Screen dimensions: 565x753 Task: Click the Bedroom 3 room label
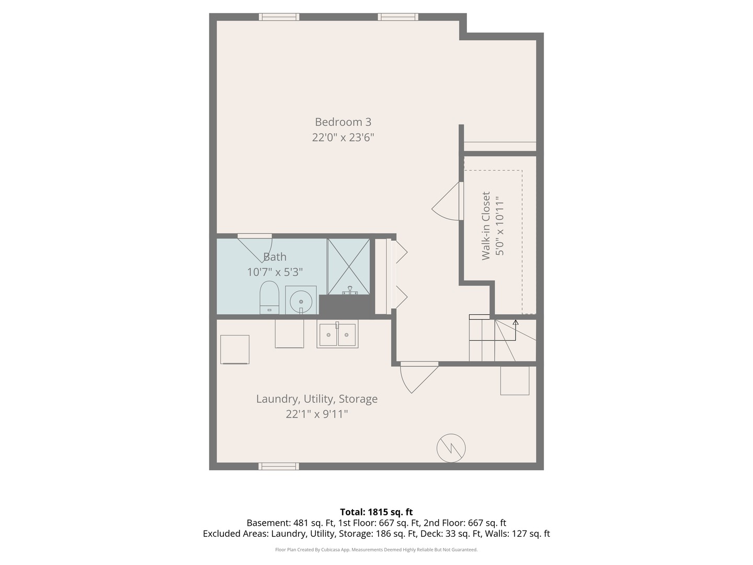[343, 122]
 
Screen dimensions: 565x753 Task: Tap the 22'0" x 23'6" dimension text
[343, 138]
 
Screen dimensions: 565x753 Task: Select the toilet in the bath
[269, 297]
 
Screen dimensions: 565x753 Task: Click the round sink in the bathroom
[301, 301]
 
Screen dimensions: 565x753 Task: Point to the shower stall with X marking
[349, 266]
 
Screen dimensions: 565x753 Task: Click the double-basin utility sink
[337, 334]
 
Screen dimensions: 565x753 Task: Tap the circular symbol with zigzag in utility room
[451, 448]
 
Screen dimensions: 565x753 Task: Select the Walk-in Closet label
[486, 226]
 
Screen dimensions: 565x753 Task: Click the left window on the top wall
[279, 17]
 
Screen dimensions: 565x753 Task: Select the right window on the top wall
[398, 17]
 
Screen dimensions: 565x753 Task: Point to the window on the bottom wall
[279, 466]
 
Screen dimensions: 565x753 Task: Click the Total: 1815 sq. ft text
[376, 512]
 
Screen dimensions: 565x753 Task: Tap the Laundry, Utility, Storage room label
[316, 399]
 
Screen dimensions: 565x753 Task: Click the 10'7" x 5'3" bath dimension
[275, 272]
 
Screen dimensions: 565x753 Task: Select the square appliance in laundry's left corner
[235, 349]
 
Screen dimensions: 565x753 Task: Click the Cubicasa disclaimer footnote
[376, 550]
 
